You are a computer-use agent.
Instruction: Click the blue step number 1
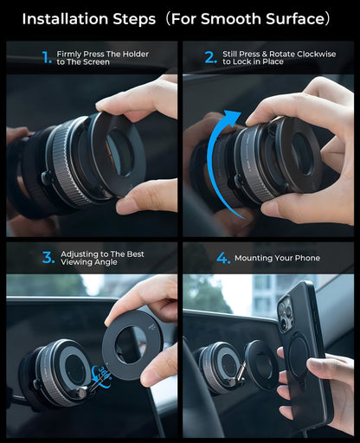(47, 57)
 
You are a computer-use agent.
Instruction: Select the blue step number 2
(210, 57)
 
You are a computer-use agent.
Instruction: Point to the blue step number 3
(48, 257)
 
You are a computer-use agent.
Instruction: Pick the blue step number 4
(223, 258)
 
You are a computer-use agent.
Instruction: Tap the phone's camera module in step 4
(286, 314)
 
